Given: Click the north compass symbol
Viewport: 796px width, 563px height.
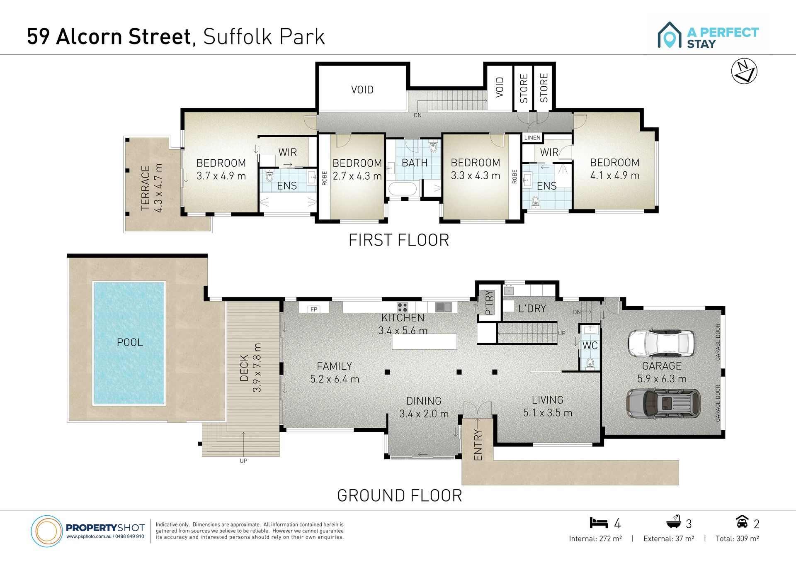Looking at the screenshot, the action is pos(744,71).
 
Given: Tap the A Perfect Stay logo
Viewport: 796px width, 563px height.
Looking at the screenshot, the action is pos(708,35).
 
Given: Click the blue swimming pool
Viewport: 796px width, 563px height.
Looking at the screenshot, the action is pos(129,343).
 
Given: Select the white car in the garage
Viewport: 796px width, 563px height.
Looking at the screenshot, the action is pos(661,344).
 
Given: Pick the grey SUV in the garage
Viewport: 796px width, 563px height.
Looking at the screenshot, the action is pos(663,403).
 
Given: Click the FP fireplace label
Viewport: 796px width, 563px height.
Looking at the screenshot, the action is pos(314,309).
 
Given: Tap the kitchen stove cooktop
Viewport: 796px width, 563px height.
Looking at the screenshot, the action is pos(402,307).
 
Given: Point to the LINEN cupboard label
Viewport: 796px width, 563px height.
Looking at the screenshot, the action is pos(532,138).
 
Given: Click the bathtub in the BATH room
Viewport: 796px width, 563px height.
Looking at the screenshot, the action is pos(402,189).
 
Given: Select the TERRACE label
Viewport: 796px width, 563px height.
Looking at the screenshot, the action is pos(145,188).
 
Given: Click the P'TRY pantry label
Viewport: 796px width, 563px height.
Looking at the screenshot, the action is pos(489,302).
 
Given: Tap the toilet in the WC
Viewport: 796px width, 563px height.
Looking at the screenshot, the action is pos(590,363).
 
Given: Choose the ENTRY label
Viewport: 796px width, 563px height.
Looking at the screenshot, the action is pos(478,445).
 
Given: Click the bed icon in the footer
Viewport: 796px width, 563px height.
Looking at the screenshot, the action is pos(599,523).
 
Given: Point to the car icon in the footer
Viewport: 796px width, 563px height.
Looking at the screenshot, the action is pos(742,522).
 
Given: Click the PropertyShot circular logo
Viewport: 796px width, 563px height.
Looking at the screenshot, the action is pos(46,531).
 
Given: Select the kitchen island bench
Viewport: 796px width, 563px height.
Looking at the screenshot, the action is pos(424,341).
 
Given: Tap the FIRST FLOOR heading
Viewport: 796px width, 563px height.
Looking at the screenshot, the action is pos(399,240).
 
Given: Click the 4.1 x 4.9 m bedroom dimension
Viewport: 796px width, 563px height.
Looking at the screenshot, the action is pos(615,175).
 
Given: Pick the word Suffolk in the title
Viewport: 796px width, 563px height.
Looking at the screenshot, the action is pos(238,37).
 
